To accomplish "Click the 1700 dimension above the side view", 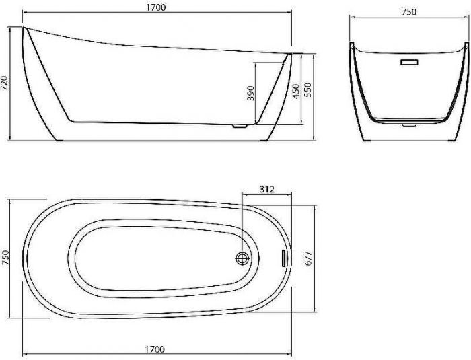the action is [156, 7].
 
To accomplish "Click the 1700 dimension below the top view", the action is [155, 349].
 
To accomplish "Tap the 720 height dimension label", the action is [5, 83].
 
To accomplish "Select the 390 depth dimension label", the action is [250, 93].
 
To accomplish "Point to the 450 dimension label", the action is [296, 91].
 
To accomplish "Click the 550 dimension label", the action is [308, 89].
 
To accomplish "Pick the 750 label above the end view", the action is [409, 12].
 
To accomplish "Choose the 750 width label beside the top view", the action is [5, 258].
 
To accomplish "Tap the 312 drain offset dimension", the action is [267, 190].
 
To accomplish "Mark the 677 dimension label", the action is [308, 258].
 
